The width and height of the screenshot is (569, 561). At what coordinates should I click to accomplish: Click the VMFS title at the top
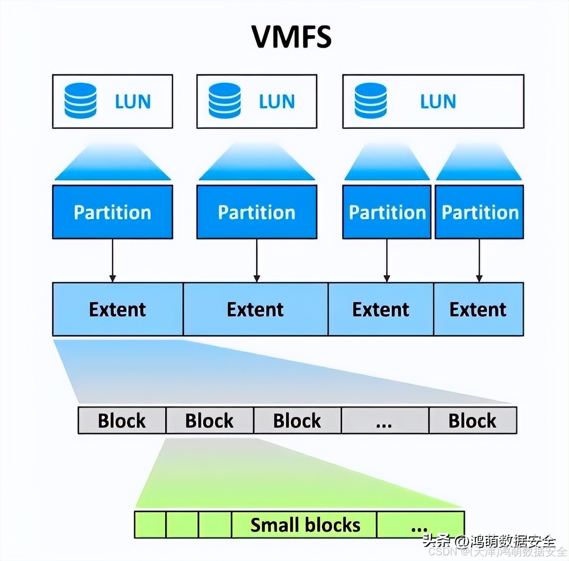point(291,36)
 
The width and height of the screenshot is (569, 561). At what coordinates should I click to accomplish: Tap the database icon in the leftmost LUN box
point(80,100)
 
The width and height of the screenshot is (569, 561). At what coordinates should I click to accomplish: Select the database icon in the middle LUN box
point(225,100)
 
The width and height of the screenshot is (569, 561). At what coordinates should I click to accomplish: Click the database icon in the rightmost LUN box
point(371,100)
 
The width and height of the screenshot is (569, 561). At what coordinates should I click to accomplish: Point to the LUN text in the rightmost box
point(438,101)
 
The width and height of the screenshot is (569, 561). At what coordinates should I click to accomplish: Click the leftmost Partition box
point(112,212)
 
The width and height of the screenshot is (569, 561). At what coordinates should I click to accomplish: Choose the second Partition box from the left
point(257,212)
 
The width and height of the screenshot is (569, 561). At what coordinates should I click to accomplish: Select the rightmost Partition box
point(479,212)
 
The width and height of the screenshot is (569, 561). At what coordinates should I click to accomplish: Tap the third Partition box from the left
point(387,212)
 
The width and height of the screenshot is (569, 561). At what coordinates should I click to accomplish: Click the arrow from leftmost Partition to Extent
point(112,260)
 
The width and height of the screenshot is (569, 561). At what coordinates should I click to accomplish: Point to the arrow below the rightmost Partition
point(479,260)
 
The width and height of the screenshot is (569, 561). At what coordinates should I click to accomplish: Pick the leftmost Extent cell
point(118,309)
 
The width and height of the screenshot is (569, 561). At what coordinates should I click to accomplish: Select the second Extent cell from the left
point(255,309)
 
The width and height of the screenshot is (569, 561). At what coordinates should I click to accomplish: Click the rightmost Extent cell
point(478,309)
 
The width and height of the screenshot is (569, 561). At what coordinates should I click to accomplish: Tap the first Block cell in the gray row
point(122,420)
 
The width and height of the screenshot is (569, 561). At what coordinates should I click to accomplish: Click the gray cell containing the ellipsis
point(385,420)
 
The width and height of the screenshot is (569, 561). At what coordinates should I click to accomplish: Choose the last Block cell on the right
point(473,420)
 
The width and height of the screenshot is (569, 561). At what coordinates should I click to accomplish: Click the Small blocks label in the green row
point(305,525)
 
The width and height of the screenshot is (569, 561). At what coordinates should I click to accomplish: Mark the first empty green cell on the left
point(150,525)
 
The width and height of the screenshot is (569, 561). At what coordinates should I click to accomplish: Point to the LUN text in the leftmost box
point(133,101)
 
